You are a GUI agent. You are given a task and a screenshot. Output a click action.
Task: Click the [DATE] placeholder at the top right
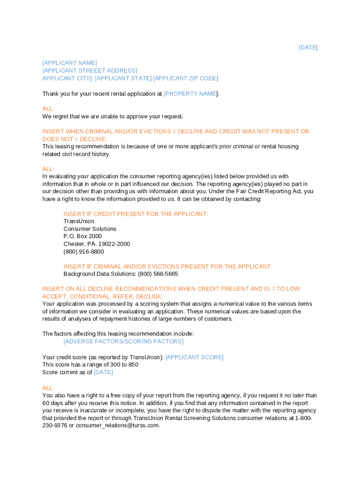click(308, 48)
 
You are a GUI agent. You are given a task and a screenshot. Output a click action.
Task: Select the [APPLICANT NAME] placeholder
click(70, 63)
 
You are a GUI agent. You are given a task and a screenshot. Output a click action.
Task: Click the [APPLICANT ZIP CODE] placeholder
click(186, 78)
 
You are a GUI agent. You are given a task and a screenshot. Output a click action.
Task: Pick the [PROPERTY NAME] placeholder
click(190, 94)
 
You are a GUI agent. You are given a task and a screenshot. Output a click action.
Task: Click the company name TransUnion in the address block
click(79, 221)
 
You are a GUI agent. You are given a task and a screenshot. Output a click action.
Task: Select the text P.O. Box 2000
click(83, 236)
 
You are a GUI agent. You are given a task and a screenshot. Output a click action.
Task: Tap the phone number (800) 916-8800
click(84, 252)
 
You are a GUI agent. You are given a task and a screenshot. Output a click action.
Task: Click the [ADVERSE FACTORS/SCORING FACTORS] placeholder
click(123, 341)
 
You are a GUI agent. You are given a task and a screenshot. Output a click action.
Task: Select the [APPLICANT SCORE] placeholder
click(194, 357)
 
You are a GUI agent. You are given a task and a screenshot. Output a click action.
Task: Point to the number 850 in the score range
click(133, 365)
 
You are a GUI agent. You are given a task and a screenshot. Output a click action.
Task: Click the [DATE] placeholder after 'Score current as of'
click(103, 372)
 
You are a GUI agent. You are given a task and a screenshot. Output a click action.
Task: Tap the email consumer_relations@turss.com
click(117, 426)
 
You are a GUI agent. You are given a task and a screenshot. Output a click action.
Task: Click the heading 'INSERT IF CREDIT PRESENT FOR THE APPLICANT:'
click(136, 214)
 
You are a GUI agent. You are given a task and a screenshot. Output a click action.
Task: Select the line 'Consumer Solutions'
click(90, 229)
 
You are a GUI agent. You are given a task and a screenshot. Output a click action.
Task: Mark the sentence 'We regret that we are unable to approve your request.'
click(113, 116)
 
